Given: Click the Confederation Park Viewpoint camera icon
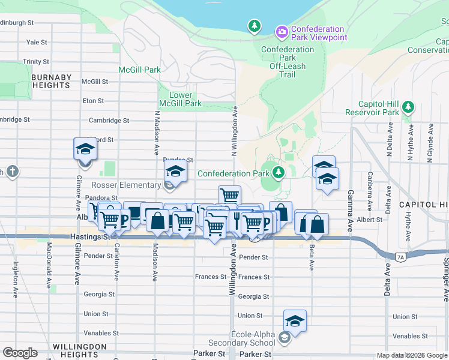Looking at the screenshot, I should click(x=281, y=31).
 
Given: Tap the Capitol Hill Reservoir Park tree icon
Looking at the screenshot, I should click(x=408, y=107).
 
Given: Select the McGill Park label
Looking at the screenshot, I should click(x=139, y=70).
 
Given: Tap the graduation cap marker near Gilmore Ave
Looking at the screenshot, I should click(x=85, y=149).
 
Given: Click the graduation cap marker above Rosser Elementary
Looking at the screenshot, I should click(x=175, y=172).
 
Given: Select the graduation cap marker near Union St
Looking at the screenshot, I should click(x=295, y=321).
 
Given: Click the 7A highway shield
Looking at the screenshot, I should click(x=400, y=257).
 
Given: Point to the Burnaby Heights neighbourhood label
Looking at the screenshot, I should click(x=51, y=82).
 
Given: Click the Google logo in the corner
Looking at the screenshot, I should click(x=20, y=352).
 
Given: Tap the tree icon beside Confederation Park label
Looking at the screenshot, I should click(x=278, y=173).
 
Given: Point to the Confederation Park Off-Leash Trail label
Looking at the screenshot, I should click(x=287, y=62).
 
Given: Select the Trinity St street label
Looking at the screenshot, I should click(x=36, y=62).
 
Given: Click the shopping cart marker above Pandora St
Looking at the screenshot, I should click(x=229, y=195).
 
